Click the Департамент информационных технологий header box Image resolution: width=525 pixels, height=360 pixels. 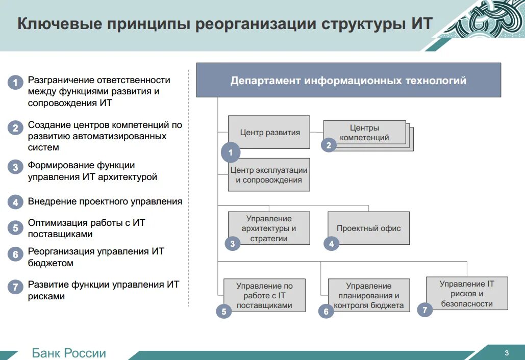point(348,80)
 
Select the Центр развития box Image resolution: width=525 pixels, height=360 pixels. point(269,132)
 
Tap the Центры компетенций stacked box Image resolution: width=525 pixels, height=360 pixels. point(364,133)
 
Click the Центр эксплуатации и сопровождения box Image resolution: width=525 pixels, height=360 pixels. point(269,175)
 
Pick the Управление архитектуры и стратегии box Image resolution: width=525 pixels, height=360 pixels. point(269,228)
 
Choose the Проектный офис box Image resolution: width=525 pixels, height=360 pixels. point(368,228)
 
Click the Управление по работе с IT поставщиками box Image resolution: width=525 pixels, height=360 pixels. point(264,295)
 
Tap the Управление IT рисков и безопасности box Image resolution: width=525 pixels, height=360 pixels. point(467,293)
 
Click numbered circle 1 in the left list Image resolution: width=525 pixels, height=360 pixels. point(16,83)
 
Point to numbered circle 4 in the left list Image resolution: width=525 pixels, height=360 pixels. point(16,202)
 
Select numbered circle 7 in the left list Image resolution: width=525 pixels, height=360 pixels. point(16,287)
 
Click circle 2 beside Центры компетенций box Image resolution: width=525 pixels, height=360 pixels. point(329,145)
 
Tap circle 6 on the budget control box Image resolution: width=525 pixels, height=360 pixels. point(326,311)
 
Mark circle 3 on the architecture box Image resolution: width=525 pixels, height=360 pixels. point(232,244)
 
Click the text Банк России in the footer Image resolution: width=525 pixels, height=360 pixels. point(69,353)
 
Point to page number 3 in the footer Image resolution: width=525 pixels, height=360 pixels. point(506,353)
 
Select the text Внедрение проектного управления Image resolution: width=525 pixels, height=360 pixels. point(105,201)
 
